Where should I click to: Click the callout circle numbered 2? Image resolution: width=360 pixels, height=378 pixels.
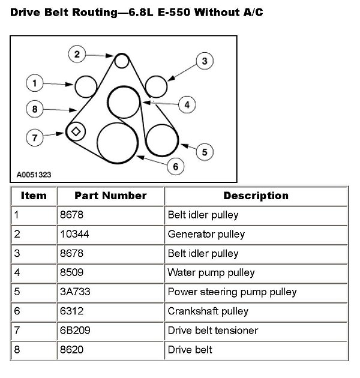pyautogui.click(x=76, y=55)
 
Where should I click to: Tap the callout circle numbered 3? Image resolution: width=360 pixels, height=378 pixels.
pyautogui.click(x=204, y=61)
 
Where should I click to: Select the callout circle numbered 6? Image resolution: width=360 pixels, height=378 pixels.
pyautogui.click(x=175, y=166)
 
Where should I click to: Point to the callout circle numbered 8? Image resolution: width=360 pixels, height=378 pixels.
pyautogui.click(x=35, y=109)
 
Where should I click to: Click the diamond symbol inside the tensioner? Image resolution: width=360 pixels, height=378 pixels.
pyautogui.click(x=76, y=131)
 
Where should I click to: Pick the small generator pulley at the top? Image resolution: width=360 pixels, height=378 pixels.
pyautogui.click(x=121, y=61)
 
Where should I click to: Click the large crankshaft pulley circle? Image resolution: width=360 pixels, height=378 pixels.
pyautogui.click(x=116, y=142)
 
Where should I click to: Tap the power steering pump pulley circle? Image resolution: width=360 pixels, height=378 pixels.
pyautogui.click(x=163, y=140)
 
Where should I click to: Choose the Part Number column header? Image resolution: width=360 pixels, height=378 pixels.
pyautogui.click(x=110, y=196)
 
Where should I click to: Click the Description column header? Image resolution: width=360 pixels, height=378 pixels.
pyautogui.click(x=256, y=196)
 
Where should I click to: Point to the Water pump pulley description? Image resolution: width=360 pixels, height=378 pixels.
pyautogui.click(x=211, y=273)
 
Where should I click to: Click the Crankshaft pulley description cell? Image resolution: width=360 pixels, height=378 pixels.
pyautogui.click(x=208, y=311)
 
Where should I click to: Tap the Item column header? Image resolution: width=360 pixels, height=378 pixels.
pyautogui.click(x=34, y=196)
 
